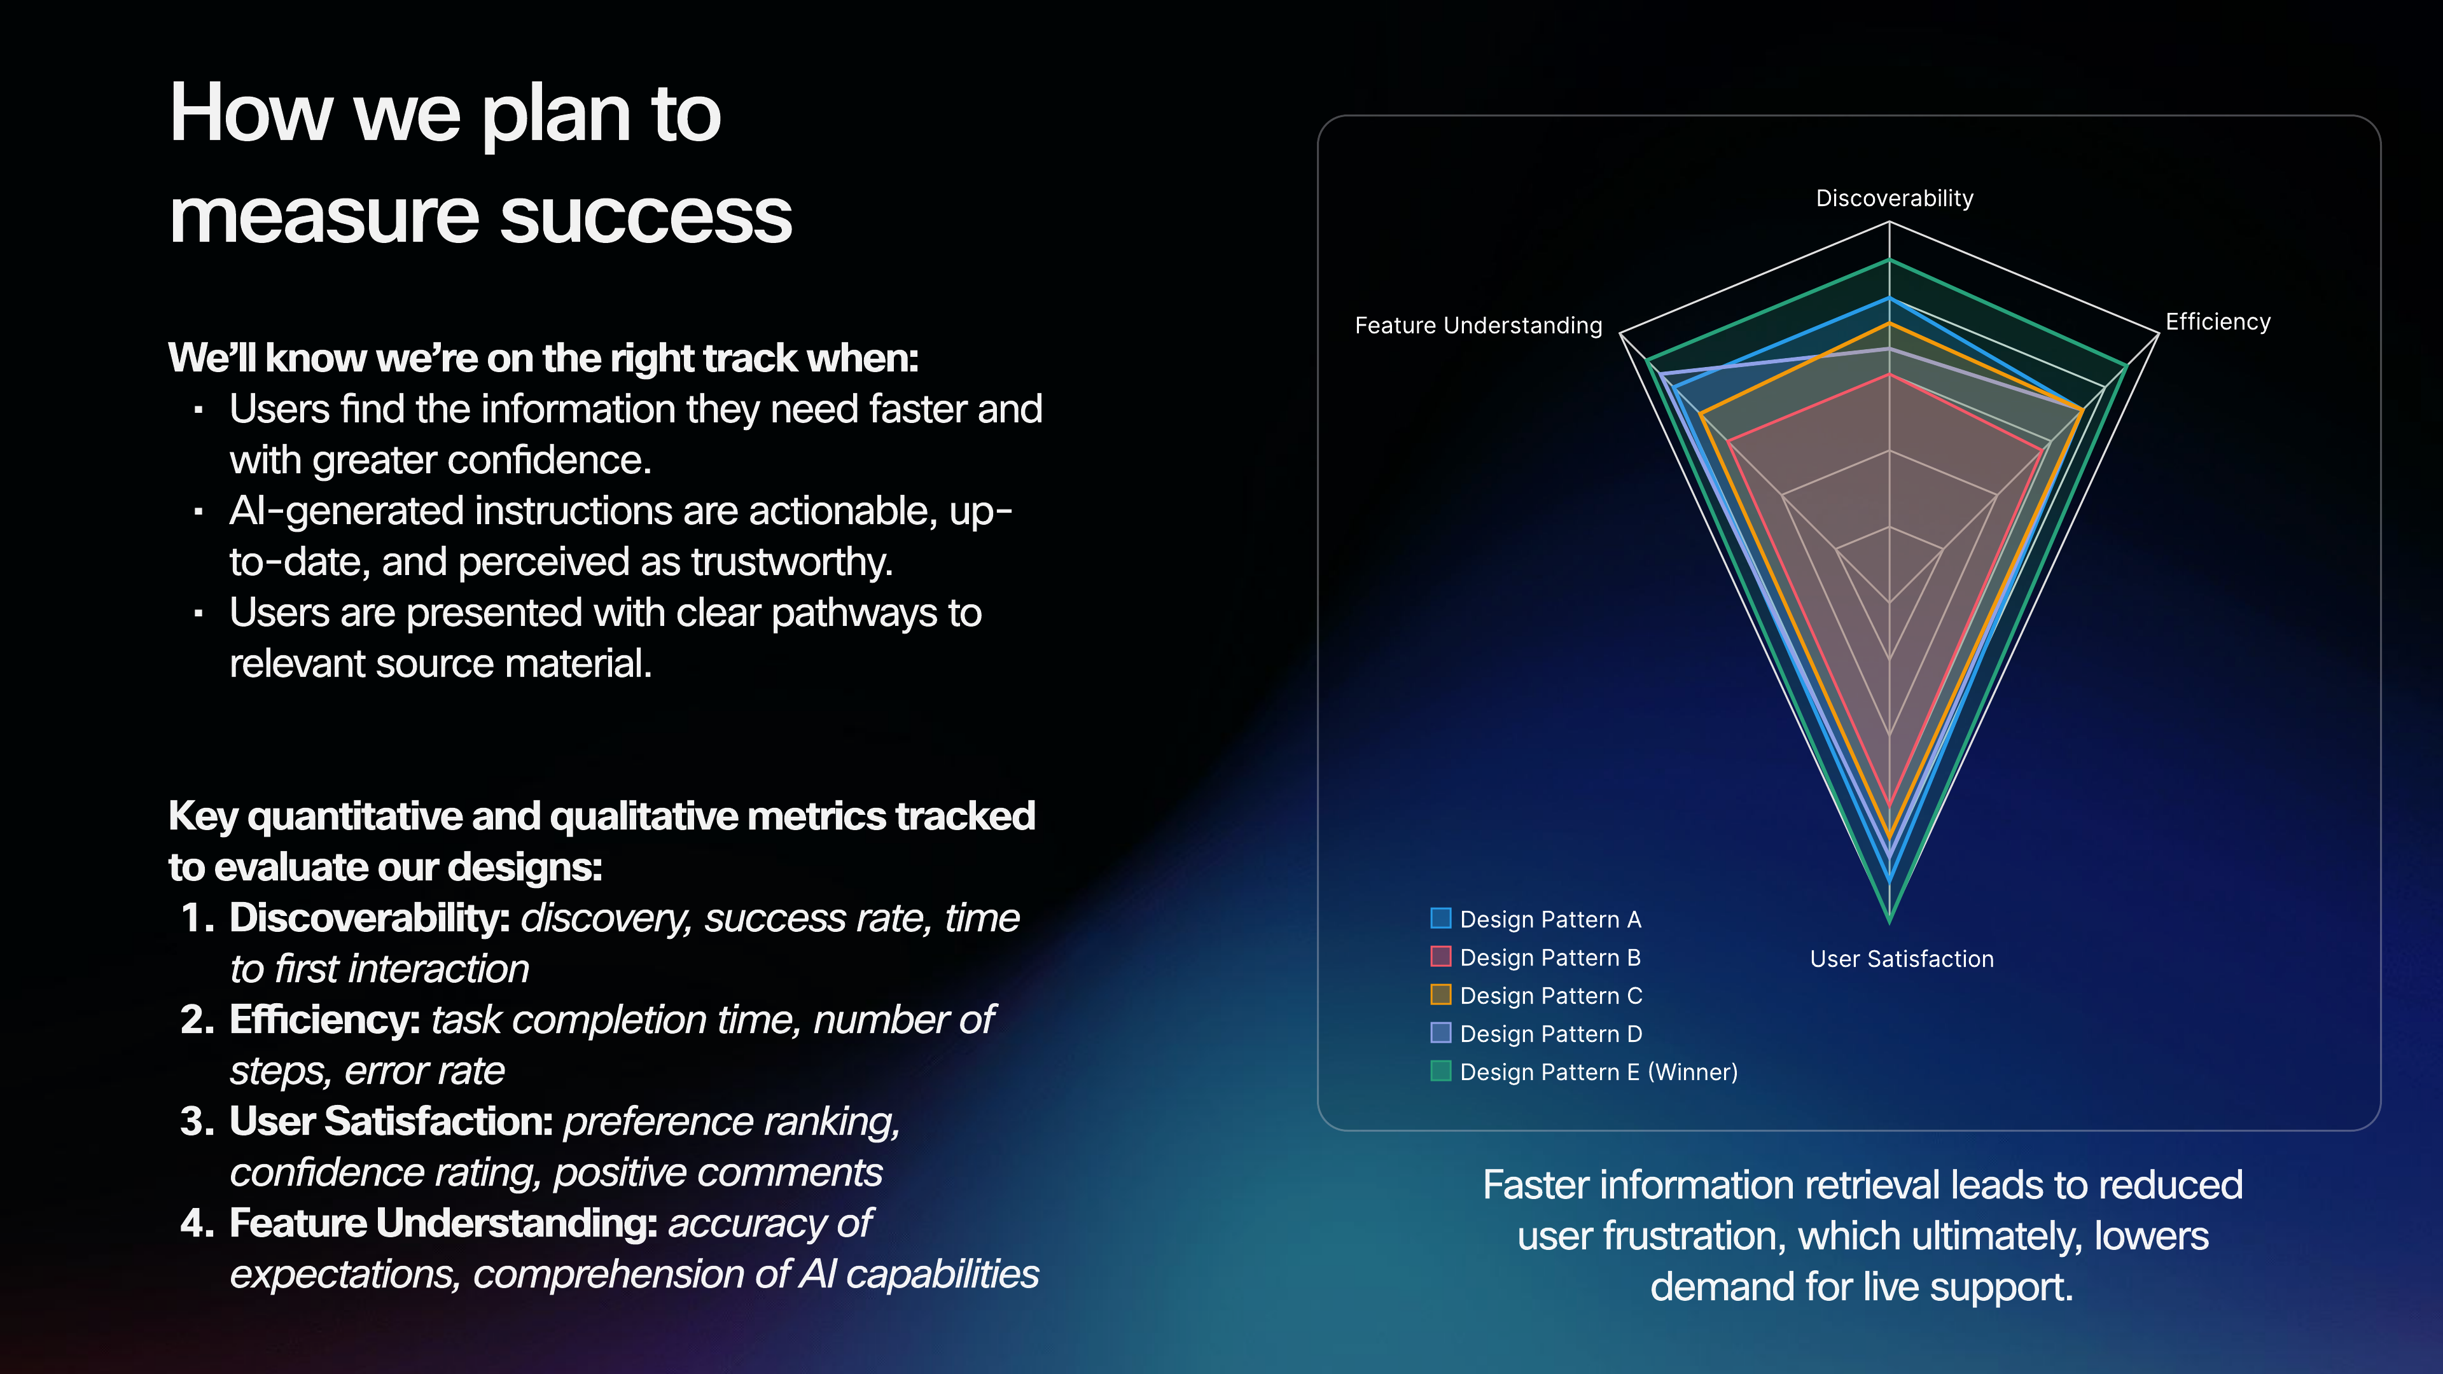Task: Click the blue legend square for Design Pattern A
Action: point(1440,918)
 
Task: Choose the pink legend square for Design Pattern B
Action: point(1440,956)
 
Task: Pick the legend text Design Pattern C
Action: point(1550,996)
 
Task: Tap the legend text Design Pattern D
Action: point(1550,1034)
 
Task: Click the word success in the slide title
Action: point(645,216)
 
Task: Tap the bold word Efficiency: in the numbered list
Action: point(324,1020)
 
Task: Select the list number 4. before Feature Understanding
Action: point(197,1224)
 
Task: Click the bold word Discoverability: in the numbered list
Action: point(370,919)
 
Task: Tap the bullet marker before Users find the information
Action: point(198,410)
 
